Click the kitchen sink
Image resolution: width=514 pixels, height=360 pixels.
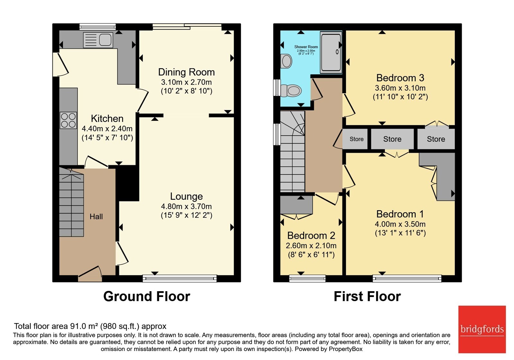[98, 40]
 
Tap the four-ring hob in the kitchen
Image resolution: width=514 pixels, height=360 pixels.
[68, 120]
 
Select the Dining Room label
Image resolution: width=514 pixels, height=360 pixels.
[186, 72]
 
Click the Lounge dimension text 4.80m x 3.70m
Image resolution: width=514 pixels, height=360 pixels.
[186, 206]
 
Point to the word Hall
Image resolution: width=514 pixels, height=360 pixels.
[96, 217]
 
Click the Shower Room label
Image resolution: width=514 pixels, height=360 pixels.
[306, 47]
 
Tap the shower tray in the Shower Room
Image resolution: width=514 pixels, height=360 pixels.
[331, 52]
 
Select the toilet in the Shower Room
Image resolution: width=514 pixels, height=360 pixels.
[291, 90]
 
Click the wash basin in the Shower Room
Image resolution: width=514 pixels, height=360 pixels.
[286, 61]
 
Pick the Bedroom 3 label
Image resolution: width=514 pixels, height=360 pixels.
[400, 78]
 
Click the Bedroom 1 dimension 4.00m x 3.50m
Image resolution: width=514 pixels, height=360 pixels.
[400, 224]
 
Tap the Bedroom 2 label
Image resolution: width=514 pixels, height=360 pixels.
[311, 236]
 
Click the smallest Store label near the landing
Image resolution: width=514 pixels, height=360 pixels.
[357, 139]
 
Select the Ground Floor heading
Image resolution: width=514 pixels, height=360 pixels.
[146, 296]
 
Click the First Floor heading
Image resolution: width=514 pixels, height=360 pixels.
[367, 296]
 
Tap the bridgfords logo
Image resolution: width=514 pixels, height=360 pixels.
[482, 329]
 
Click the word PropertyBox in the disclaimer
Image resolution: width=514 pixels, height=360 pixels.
[346, 349]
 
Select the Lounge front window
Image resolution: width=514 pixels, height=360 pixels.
[180, 278]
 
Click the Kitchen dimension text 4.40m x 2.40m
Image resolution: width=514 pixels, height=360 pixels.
[107, 129]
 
